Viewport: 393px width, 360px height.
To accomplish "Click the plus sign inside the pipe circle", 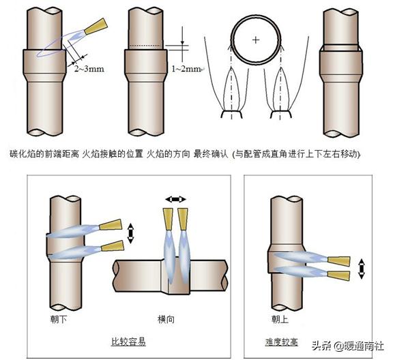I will point(256,40).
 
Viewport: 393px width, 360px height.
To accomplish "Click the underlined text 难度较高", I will point(283,341).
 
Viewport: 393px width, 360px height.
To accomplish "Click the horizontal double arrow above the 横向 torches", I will point(175,199).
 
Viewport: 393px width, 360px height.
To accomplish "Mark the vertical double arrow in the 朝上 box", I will point(362,267).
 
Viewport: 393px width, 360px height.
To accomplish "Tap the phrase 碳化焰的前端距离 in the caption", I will point(44,155).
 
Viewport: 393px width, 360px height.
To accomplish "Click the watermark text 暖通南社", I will point(362,345).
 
